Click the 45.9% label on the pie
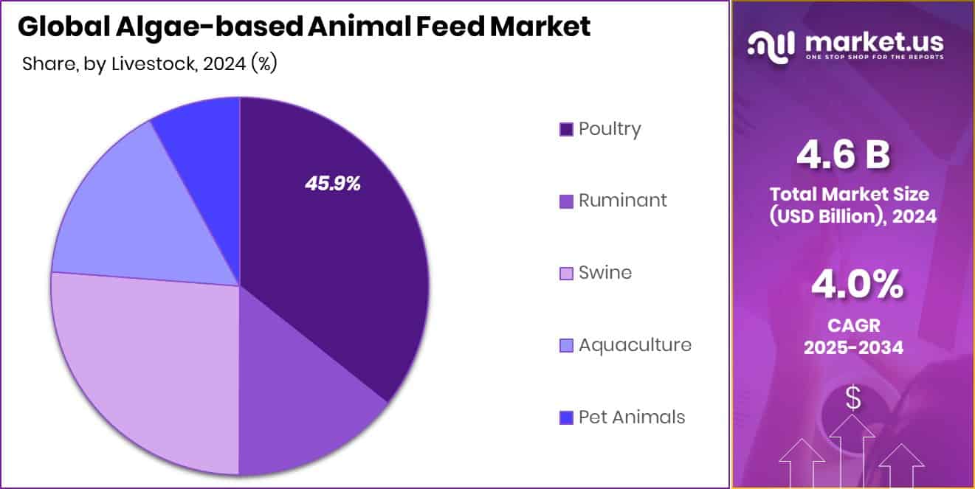(333, 184)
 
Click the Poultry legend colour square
(566, 130)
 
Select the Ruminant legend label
(622, 201)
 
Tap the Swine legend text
(605, 273)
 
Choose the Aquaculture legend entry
(635, 345)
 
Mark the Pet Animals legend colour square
(566, 418)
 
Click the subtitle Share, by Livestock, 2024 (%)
(149, 64)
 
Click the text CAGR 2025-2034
(853, 336)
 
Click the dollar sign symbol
(853, 398)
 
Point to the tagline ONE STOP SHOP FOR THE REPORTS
(874, 57)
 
